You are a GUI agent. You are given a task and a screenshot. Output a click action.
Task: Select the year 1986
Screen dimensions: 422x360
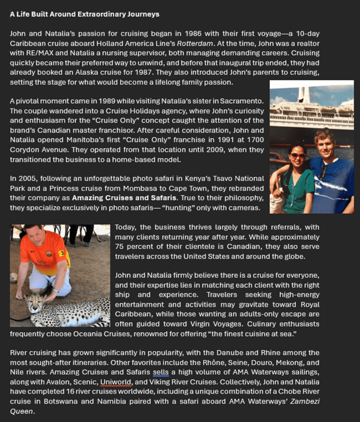(x=196, y=33)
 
